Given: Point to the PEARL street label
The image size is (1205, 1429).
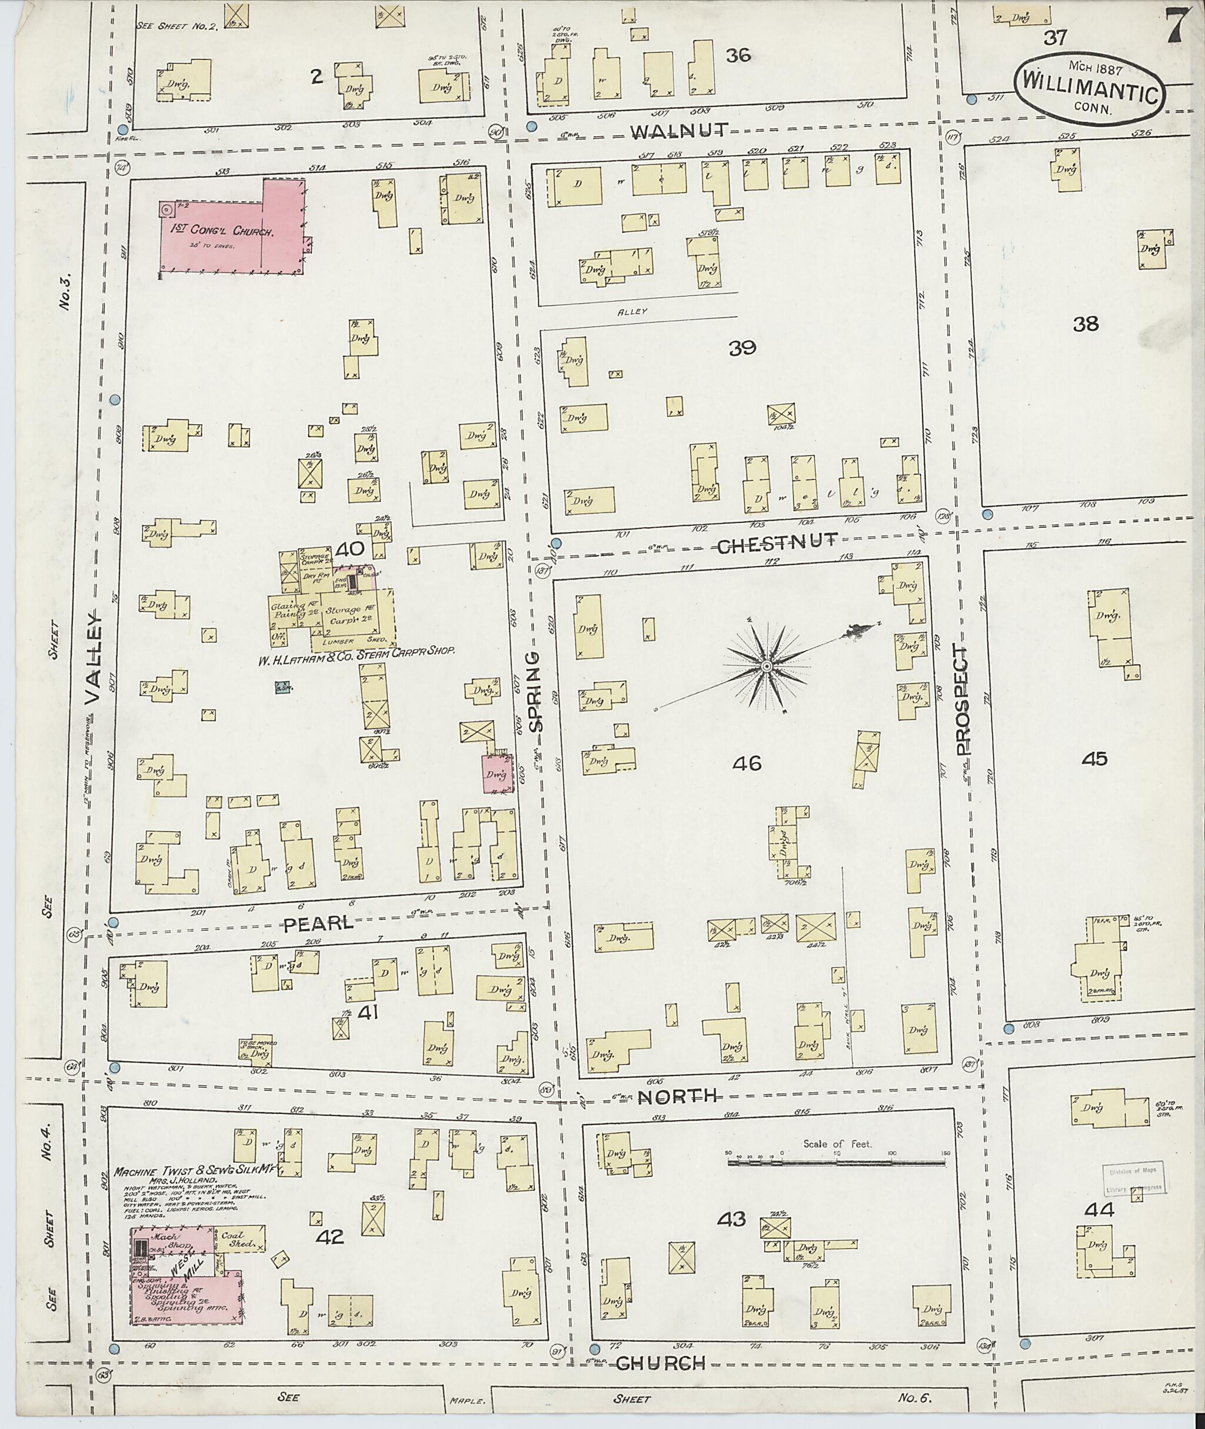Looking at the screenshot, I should click(318, 924).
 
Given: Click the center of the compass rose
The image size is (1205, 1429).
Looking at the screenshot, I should click(767, 665).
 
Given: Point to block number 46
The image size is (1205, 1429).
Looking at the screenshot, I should click(746, 763).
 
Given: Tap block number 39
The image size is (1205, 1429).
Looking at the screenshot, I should click(742, 348).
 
